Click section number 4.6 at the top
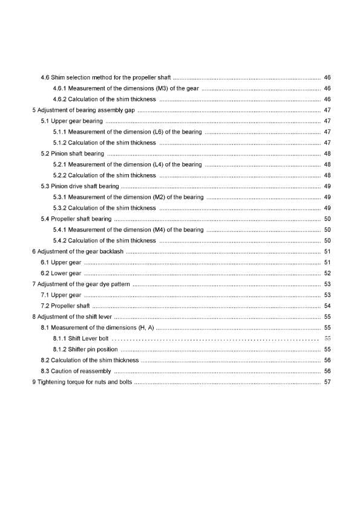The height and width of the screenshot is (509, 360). [x=45, y=78]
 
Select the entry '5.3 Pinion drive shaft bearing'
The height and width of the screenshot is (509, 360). [x=79, y=186]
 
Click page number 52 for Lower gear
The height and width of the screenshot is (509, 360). [x=327, y=273]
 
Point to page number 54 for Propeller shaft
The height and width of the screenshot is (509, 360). [x=327, y=306]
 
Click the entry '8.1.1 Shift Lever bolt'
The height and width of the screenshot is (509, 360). [x=80, y=339]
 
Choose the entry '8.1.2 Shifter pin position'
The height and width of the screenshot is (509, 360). [x=85, y=349]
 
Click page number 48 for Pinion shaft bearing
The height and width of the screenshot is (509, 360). [x=327, y=154]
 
